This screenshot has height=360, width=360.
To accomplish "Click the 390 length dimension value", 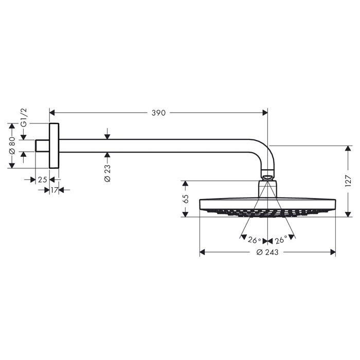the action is pyautogui.click(x=158, y=113).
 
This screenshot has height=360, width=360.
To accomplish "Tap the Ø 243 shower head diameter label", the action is pyautogui.click(x=267, y=253).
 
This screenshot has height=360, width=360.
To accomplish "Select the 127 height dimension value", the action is pyautogui.click(x=348, y=181).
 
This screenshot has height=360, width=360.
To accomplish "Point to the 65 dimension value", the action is pyautogui.click(x=186, y=199).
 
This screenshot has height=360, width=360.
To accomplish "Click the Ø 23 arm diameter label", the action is pyautogui.click(x=107, y=173).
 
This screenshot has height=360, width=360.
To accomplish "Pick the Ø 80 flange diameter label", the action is pyautogui.click(x=12, y=146).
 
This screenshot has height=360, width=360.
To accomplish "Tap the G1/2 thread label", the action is pyautogui.click(x=24, y=117).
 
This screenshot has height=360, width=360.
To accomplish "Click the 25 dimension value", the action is pyautogui.click(x=43, y=179).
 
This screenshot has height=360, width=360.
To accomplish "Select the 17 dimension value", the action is pyautogui.click(x=54, y=190).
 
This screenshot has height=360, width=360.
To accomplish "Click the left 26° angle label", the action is pyautogui.click(x=255, y=240).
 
